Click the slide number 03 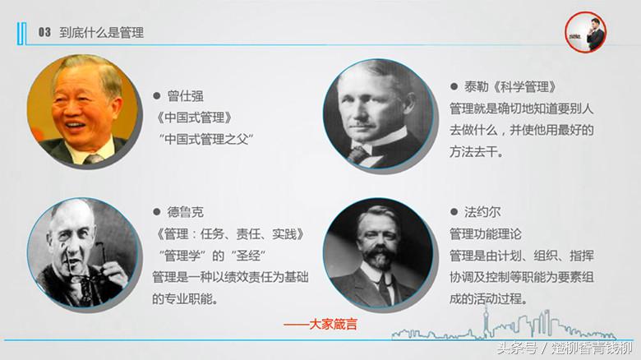[x=44, y=33]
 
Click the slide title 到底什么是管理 [x=102, y=33]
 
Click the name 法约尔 [x=483, y=212]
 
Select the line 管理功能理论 [x=491, y=234]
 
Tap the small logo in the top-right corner [x=584, y=34]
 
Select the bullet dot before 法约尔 [x=454, y=212]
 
